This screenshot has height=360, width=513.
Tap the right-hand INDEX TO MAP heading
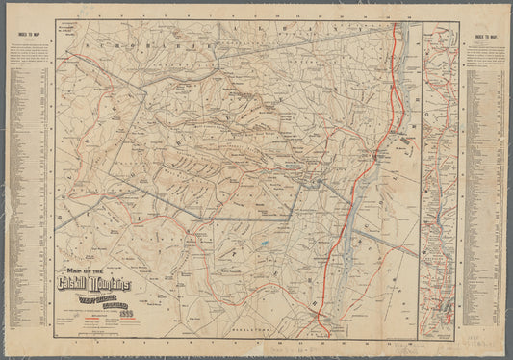tap(485, 39)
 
